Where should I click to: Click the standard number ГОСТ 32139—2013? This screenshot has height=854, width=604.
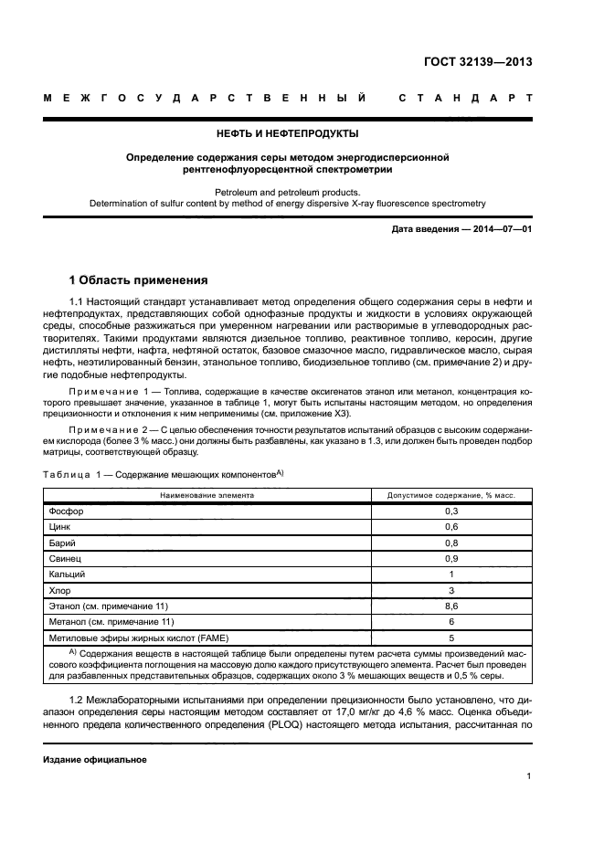click(478, 63)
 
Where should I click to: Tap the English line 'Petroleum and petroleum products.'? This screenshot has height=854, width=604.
click(287, 192)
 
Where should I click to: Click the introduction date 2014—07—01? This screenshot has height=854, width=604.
click(498, 228)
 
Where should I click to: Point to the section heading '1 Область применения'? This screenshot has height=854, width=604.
click(139, 279)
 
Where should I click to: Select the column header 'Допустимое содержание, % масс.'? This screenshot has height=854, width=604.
click(451, 494)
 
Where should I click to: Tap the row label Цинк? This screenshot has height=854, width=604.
click(58, 527)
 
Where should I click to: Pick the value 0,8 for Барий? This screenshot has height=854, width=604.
click(450, 543)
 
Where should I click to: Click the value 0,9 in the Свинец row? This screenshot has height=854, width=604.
click(450, 558)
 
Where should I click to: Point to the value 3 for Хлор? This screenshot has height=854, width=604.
click(450, 590)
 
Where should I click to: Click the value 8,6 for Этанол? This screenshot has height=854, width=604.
click(450, 606)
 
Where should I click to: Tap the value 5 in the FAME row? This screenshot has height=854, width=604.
click(450, 638)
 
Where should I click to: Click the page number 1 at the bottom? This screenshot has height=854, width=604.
click(528, 776)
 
